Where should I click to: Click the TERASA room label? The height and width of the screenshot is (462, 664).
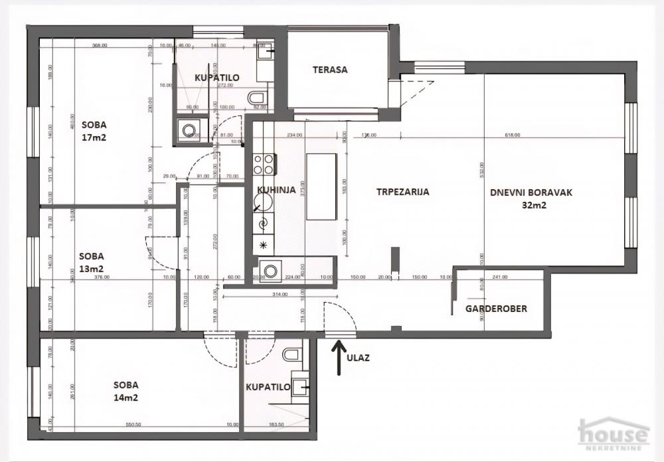click(330, 70)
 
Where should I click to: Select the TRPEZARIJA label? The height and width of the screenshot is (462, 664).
click(402, 192)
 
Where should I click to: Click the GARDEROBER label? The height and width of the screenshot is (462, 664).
click(496, 309)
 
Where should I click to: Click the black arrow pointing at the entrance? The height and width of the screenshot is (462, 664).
click(339, 357)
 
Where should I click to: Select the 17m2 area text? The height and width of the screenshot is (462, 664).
click(94, 138)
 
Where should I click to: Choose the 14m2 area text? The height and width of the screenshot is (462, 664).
click(125, 398)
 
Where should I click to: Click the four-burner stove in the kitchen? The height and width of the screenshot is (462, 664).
click(264, 163)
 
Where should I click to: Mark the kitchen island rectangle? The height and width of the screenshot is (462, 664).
click(321, 188)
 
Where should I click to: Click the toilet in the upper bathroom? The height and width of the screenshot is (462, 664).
click(256, 100)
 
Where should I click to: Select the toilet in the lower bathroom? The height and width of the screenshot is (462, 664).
click(291, 354)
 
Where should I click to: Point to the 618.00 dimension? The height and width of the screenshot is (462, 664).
click(512, 135)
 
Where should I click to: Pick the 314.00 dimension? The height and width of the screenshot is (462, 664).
click(278, 294)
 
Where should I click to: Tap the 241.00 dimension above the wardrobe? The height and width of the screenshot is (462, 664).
click(499, 277)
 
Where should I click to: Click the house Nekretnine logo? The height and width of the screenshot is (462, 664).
click(613, 435)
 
